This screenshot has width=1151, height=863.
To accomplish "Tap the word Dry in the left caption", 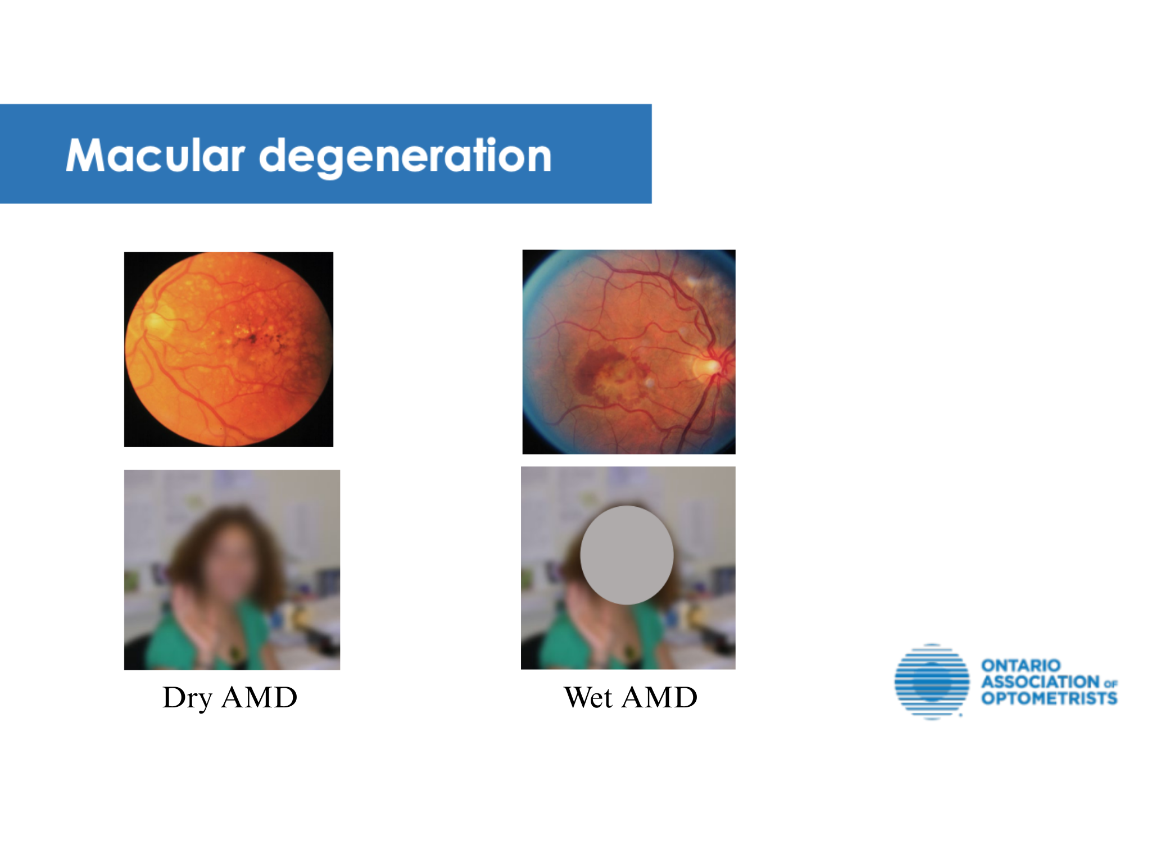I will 187,698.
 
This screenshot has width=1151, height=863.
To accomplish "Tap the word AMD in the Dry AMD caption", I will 259,697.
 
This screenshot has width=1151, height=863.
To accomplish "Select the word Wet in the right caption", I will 588,697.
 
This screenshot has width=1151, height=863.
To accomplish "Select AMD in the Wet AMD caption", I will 660,697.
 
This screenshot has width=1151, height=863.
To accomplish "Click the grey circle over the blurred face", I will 627,555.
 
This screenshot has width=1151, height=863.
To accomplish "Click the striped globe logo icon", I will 932,682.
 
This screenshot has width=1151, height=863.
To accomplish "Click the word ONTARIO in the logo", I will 1021,666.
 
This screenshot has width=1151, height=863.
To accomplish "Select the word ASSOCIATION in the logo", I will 1040,682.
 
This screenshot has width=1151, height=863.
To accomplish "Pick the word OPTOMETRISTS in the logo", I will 1049,698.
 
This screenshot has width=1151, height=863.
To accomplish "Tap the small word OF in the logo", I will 1111,684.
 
